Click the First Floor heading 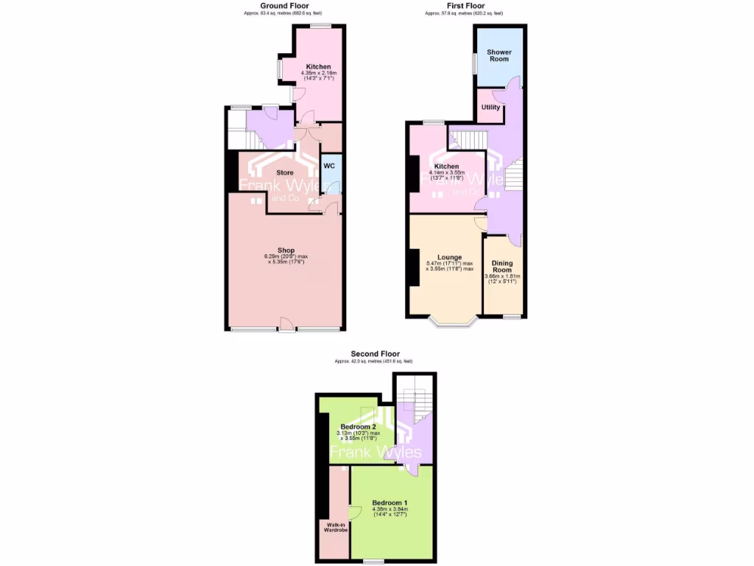465,6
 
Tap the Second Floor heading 373,354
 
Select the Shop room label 286,250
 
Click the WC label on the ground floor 329,166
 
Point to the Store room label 284,172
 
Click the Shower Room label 499,55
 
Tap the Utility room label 490,108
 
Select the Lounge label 448,256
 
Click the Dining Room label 502,266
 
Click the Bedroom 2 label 359,426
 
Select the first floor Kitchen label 446,167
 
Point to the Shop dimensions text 286,260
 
